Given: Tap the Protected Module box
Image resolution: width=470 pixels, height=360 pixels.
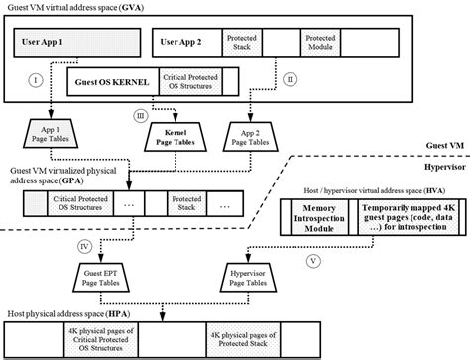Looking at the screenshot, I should [x=327, y=44].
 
